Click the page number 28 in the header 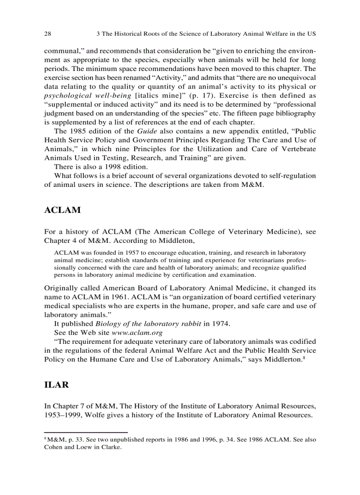(48, 33)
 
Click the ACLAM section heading (63, 210)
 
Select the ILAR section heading (56, 384)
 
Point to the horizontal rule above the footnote (86, 432)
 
